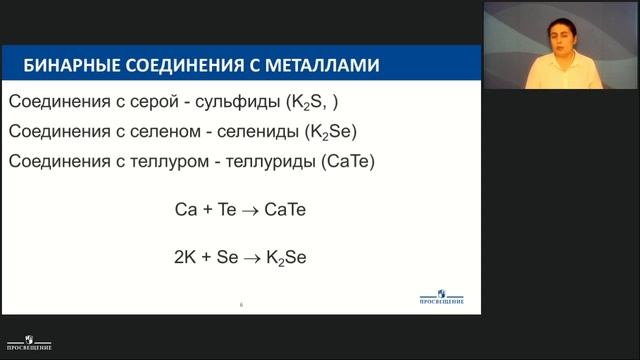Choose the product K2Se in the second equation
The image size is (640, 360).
285,258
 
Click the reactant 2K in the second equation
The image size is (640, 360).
187,257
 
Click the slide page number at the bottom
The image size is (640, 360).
241,304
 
